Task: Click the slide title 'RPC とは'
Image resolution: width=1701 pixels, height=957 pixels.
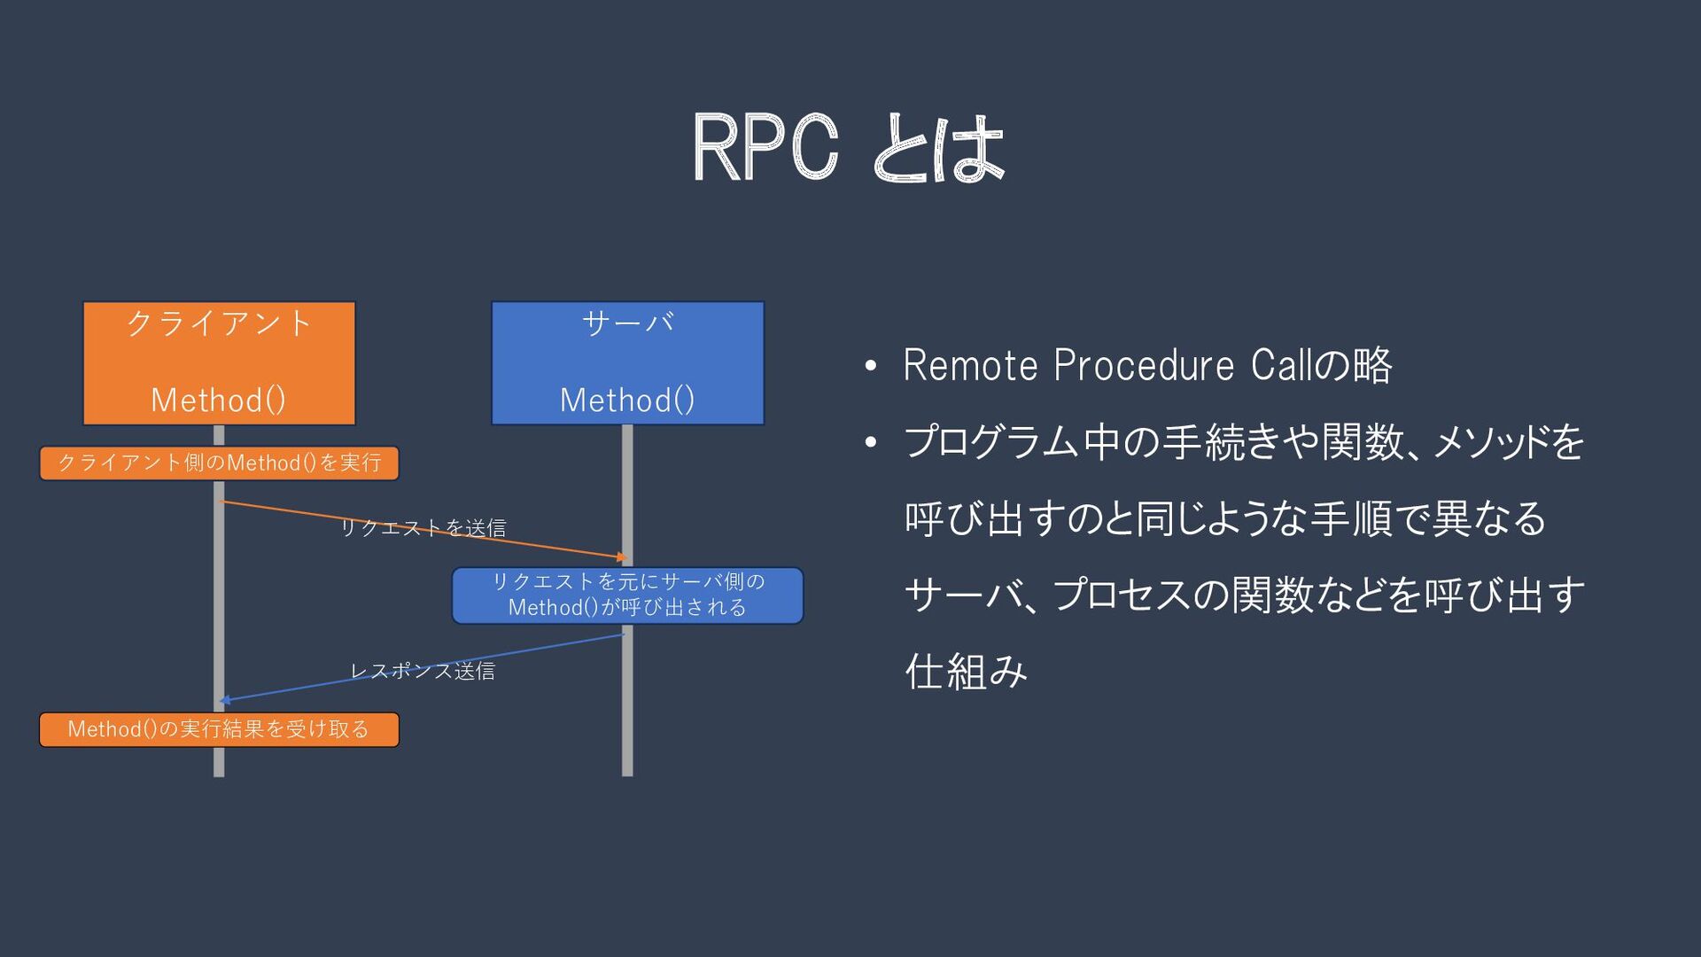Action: (848, 148)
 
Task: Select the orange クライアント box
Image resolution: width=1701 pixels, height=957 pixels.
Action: (219, 363)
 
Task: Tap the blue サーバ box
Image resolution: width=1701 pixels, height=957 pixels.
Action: (627, 363)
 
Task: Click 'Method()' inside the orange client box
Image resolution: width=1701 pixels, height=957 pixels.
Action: (219, 401)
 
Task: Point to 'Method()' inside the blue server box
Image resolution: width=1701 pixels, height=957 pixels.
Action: (627, 401)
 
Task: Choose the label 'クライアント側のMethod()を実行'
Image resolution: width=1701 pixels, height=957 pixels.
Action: (219, 463)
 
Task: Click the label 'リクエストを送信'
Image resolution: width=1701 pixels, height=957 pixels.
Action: (423, 528)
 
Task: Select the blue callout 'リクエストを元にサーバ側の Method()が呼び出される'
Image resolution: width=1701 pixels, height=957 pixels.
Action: (627, 595)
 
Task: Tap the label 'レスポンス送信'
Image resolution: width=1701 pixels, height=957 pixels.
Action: (423, 671)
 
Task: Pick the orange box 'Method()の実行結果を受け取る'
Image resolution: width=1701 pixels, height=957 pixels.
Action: (219, 729)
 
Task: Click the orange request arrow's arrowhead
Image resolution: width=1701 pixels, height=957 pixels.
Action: (623, 557)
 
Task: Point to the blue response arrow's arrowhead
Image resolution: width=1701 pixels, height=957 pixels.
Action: (225, 700)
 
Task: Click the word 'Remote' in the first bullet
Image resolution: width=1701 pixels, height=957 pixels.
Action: (970, 365)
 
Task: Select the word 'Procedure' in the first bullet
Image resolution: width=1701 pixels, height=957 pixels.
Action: (1144, 365)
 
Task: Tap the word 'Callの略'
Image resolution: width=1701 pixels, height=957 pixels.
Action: (1321, 365)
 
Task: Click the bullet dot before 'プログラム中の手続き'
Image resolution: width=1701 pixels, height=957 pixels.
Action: (871, 442)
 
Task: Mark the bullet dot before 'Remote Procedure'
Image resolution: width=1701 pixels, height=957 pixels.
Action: (871, 366)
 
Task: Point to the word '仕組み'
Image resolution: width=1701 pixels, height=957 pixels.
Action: (966, 671)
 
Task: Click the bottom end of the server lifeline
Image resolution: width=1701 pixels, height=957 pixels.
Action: (627, 776)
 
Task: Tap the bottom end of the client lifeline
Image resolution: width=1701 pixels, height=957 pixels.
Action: (219, 776)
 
